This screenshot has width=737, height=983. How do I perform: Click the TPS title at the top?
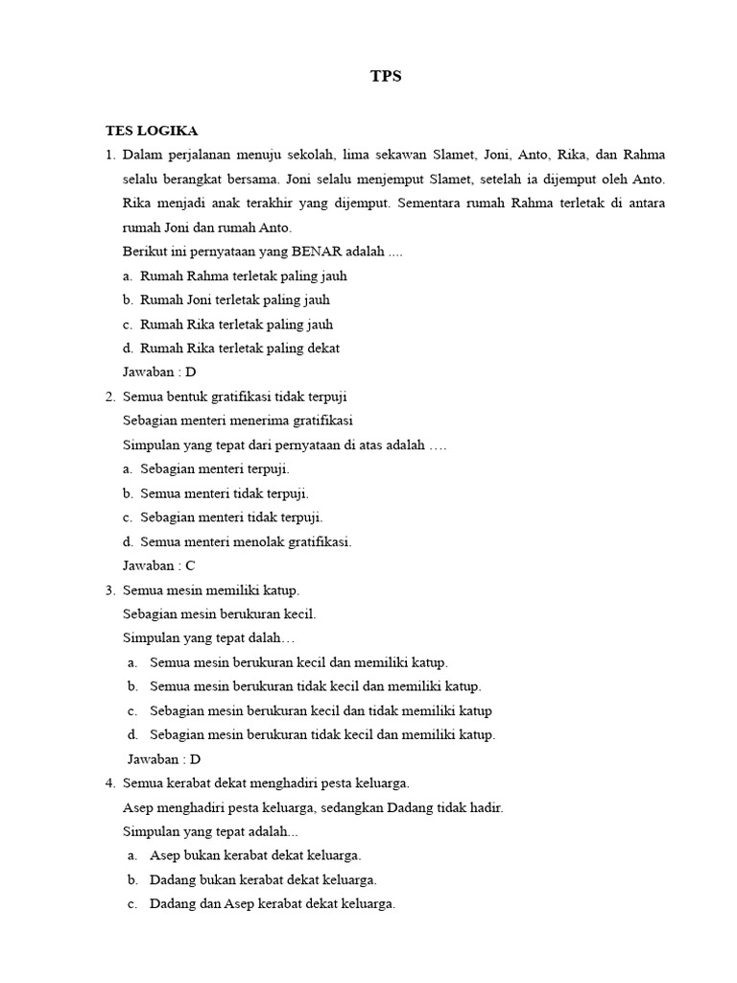386,77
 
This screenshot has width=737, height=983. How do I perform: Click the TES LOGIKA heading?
152,131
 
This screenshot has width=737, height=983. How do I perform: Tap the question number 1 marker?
110,155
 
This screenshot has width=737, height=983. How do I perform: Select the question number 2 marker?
110,396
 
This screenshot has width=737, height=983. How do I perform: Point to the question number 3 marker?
110,589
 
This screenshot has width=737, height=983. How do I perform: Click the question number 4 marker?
110,783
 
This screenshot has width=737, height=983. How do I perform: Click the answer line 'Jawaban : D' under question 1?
159,372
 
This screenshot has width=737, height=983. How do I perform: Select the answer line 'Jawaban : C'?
159,565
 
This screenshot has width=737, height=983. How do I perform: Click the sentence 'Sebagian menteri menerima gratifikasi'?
238,420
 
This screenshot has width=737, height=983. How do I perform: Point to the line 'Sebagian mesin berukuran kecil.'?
220,613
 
